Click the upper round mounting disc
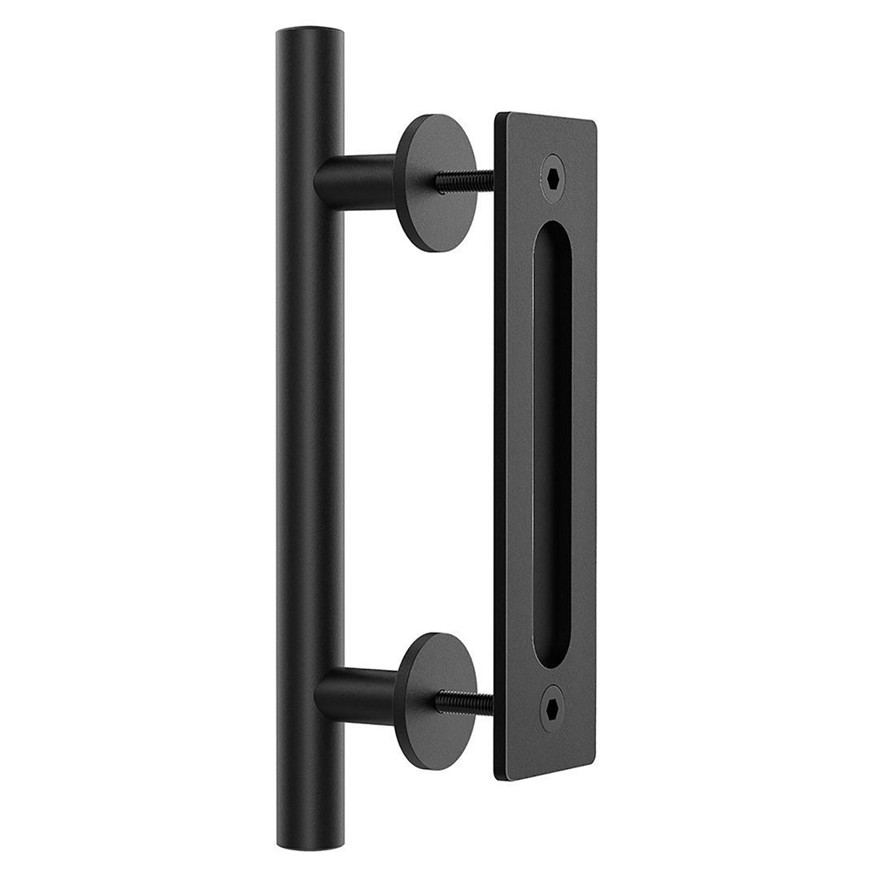click(434, 183)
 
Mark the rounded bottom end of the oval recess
click(553, 654)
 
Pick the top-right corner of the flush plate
click(593, 125)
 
